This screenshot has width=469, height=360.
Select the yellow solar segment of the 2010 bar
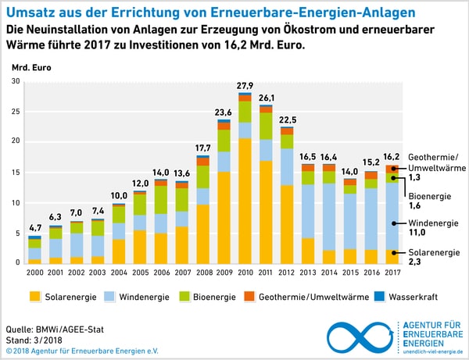[245, 200]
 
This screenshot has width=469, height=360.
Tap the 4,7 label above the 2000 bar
[35, 227]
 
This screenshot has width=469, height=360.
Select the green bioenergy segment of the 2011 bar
[267, 126]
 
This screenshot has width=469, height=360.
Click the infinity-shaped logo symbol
[360, 337]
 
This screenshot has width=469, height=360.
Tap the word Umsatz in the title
[28, 13]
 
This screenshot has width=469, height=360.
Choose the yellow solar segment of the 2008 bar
[203, 233]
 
